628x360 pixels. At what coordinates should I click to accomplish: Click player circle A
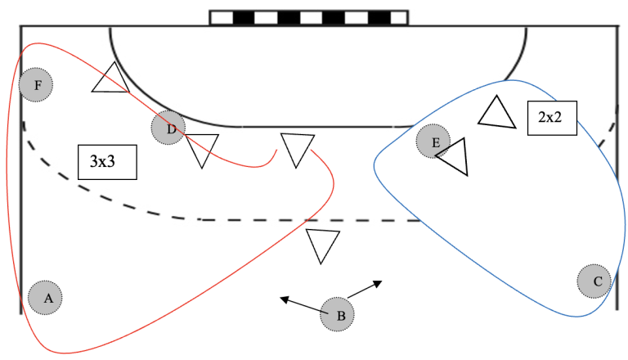[46, 297]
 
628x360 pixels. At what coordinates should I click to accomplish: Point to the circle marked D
[168, 128]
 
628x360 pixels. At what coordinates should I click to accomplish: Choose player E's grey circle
[433, 142]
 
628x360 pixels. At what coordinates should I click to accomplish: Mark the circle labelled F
[36, 83]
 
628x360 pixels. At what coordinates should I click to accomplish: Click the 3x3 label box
[106, 162]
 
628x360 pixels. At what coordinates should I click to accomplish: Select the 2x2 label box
[552, 117]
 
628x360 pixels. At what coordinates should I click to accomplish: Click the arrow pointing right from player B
[365, 290]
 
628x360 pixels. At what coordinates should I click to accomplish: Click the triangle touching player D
[202, 149]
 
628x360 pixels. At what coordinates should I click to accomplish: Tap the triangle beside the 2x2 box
[496, 114]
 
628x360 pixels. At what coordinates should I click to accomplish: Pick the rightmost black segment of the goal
[379, 17]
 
